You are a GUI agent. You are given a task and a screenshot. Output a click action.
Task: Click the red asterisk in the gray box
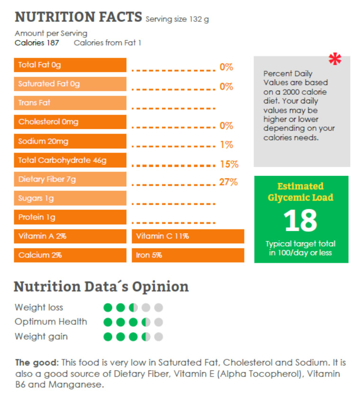[x=335, y=59]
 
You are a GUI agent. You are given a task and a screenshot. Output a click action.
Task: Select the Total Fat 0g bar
[x=70, y=65]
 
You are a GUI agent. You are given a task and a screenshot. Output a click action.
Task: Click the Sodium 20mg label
[x=43, y=141]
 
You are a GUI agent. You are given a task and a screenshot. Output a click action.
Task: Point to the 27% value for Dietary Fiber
[x=228, y=182]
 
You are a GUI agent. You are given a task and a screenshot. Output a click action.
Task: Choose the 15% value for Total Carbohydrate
[x=229, y=165]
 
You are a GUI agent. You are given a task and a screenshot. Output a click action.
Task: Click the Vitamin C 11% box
[x=188, y=236]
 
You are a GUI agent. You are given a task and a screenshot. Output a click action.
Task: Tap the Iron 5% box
[x=188, y=255]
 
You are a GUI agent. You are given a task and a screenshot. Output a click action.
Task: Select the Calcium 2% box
[x=70, y=255]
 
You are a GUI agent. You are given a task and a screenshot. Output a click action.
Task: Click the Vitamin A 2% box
[x=70, y=236]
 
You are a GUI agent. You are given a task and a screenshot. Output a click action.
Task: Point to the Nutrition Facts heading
[x=79, y=17]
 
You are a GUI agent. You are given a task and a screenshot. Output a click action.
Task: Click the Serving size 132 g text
[x=177, y=19]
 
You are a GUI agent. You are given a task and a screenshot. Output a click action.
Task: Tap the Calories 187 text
[x=37, y=43]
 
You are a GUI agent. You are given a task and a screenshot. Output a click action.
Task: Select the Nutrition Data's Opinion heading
[x=101, y=286]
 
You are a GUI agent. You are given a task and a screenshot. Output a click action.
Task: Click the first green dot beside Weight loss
[x=108, y=308]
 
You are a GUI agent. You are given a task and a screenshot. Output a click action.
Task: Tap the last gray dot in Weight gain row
[x=158, y=337]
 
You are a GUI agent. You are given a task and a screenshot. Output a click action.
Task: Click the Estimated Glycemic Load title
[x=300, y=192]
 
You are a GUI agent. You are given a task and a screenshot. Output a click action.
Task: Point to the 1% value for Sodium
[x=226, y=145]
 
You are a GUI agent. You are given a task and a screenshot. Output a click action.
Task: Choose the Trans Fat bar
[x=70, y=103]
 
